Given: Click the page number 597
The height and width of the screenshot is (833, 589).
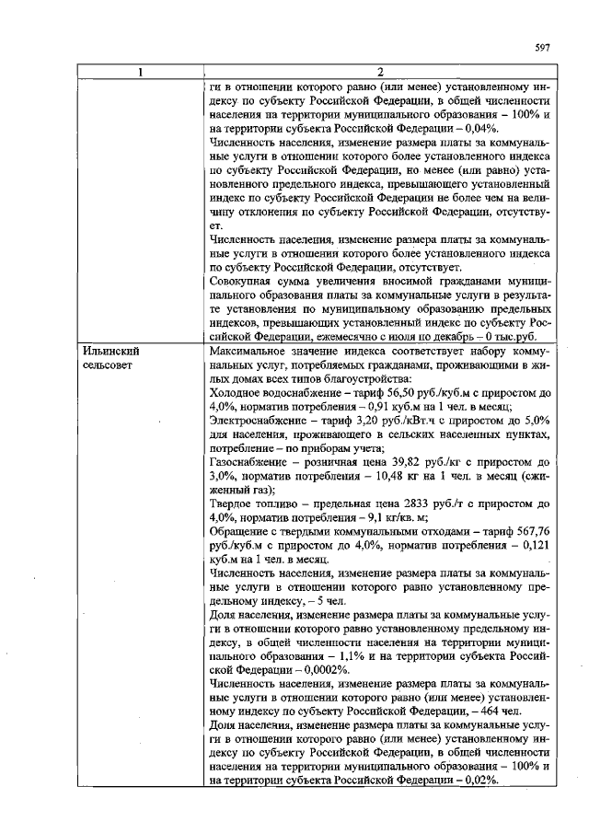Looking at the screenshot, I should point(542,48).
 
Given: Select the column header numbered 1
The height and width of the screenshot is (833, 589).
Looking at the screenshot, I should point(138,73).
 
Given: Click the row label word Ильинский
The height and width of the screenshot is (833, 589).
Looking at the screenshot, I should point(110,352).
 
